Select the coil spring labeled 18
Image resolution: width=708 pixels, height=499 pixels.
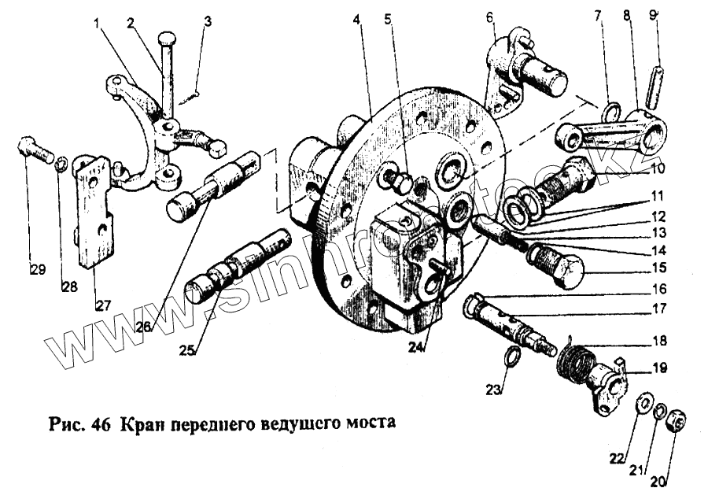pos(577,364)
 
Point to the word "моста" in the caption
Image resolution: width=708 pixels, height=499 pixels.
pos(369,421)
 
